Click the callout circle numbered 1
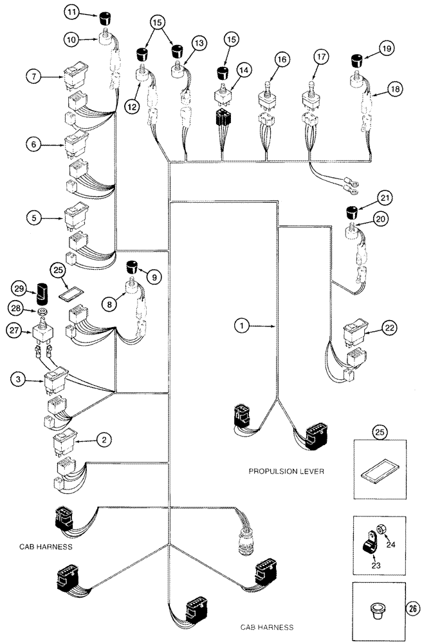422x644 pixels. point(242,327)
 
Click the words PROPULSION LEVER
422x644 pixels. point(287,471)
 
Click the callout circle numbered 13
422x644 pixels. point(198,43)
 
